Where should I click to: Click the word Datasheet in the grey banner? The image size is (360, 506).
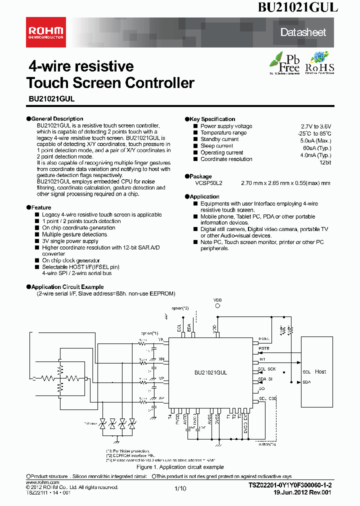pyautogui.click(x=303, y=32)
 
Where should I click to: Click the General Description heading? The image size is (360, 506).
pyautogui.click(x=57, y=119)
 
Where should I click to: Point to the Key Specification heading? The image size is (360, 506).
pyautogui.click(x=212, y=119)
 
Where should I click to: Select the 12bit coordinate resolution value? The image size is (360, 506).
pyautogui.click(x=324, y=163)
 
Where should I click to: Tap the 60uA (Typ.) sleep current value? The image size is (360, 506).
pyautogui.click(x=316, y=148)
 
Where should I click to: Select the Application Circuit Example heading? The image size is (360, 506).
pyautogui.click(x=67, y=287)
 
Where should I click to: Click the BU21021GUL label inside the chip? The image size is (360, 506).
pyautogui.click(x=211, y=372)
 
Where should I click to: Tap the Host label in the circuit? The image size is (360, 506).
pyautogui.click(x=320, y=371)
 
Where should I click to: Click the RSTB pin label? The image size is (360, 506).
pyautogui.click(x=263, y=348)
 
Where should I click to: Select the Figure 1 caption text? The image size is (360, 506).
pyautogui.click(x=180, y=466)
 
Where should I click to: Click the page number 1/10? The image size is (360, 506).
pyautogui.click(x=180, y=488)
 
